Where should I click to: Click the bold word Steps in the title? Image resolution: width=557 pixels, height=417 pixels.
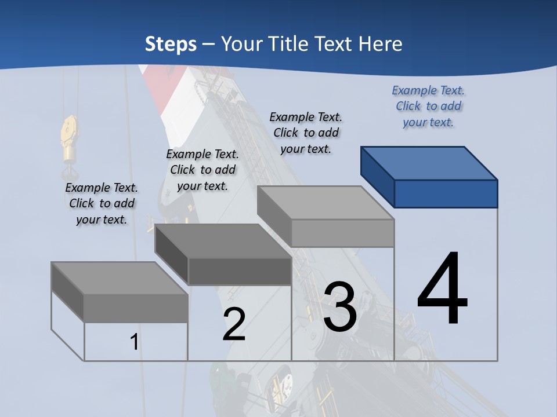coord(171,44)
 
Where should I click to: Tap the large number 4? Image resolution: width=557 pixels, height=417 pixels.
coord(442,289)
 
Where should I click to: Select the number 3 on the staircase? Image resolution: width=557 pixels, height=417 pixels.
coord(339,307)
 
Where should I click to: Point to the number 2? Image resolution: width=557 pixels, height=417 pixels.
coord(234,324)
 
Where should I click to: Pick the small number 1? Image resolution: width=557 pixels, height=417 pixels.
coord(134,342)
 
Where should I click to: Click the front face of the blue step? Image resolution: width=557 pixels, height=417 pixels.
coord(446,193)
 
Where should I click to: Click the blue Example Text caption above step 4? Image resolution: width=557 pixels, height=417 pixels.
coord(428,106)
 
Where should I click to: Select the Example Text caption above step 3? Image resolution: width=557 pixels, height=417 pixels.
coord(306,133)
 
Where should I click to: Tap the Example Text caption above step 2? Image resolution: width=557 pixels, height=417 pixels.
coord(202,170)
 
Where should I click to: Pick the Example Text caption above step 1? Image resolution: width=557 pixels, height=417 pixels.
coord(102,203)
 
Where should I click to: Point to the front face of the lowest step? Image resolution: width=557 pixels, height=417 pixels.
coord(136,308)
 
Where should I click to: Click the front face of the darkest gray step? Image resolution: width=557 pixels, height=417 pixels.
coord(240,271)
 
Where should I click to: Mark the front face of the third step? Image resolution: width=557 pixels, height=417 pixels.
coord(342,233)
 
